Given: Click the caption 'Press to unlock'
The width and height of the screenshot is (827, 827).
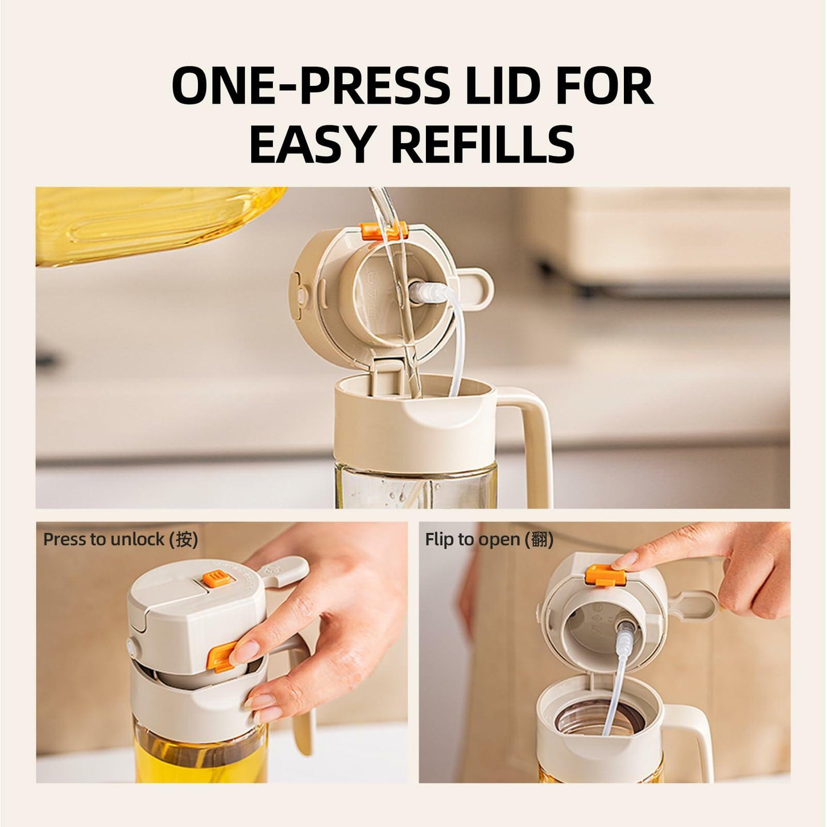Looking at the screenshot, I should coord(103,539).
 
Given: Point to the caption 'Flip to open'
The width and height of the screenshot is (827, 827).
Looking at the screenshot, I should coord(472,539).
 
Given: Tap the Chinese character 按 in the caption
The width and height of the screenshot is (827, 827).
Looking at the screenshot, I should coord(184,539).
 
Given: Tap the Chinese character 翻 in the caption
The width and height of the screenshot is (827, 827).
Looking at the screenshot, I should coord(539,539).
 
